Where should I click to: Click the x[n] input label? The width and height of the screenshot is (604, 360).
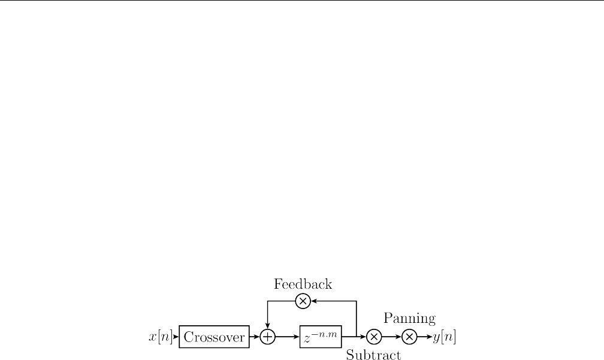(x=160, y=337)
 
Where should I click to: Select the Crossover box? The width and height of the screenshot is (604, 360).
(x=214, y=337)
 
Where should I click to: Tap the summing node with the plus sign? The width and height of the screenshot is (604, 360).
(x=267, y=337)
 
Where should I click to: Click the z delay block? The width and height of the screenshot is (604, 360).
(x=321, y=337)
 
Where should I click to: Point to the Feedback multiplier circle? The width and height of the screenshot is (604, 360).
(x=303, y=301)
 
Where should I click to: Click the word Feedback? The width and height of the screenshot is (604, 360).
(x=303, y=283)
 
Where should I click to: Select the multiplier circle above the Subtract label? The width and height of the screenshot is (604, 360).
(x=373, y=337)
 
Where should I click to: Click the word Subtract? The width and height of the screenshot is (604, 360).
(x=373, y=355)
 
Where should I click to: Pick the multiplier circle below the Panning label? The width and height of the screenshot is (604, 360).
(x=409, y=337)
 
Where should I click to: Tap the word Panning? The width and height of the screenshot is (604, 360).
(x=409, y=318)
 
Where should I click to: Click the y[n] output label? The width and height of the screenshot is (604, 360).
(x=444, y=337)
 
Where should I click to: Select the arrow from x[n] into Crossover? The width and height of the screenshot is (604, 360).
(x=176, y=337)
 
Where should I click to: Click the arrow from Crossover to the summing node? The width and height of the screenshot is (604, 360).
(x=255, y=337)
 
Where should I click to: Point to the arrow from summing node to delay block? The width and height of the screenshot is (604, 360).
(x=288, y=337)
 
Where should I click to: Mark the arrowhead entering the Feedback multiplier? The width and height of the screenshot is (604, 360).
(x=313, y=301)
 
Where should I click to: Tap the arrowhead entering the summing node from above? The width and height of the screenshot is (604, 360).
(x=267, y=328)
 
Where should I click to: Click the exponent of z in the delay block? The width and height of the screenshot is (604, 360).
(x=326, y=333)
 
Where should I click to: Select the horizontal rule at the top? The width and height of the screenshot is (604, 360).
(x=302, y=1)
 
